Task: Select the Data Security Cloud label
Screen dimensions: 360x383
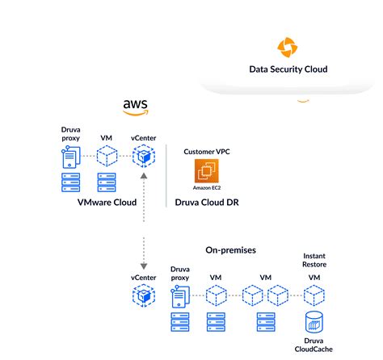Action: (x=288, y=69)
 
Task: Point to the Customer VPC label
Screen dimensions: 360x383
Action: (x=208, y=151)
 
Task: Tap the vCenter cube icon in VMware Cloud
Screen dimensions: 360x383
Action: (x=143, y=157)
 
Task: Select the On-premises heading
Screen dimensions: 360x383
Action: (x=230, y=250)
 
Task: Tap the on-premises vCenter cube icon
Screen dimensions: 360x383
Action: (x=143, y=297)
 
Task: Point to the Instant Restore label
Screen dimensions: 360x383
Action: (x=314, y=260)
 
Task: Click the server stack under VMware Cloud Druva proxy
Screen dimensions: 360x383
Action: (x=70, y=182)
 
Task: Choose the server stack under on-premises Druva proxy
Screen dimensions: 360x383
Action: (x=179, y=324)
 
